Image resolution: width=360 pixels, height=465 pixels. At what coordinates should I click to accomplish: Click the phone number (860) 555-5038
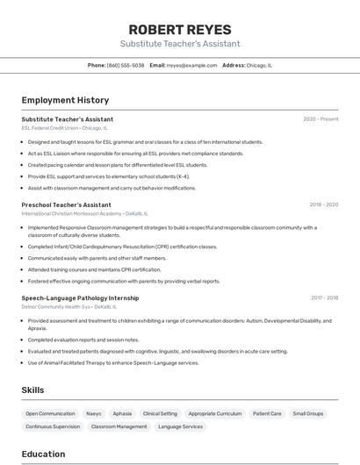point(126,65)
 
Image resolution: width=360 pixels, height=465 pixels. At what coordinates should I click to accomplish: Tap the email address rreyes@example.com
point(191,65)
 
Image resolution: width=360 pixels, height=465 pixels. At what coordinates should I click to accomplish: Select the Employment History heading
point(65,100)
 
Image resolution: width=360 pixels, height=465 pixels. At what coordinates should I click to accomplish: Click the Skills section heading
point(32,390)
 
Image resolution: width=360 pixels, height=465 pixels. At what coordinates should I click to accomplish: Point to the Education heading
point(43,454)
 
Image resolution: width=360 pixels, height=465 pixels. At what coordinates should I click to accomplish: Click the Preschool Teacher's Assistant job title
point(66,204)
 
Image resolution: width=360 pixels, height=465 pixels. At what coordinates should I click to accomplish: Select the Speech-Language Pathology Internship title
point(80,298)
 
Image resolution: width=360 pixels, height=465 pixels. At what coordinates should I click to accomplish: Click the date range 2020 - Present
point(320,119)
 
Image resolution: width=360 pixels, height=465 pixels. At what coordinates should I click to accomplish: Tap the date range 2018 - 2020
point(323,204)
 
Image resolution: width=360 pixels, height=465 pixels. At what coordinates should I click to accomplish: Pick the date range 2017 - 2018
point(324,298)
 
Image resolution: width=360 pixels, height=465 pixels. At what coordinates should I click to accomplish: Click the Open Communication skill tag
point(50,413)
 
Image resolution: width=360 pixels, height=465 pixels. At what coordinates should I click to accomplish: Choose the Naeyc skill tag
point(94,413)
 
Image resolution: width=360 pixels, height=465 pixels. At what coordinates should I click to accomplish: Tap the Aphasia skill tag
point(122,413)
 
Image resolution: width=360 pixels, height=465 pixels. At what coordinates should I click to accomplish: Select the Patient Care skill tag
point(267,413)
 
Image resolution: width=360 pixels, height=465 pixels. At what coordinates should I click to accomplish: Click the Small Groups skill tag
point(308,413)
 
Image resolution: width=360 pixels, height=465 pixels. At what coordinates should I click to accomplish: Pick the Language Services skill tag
point(180,426)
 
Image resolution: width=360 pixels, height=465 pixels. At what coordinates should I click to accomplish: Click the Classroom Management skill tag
point(119,426)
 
